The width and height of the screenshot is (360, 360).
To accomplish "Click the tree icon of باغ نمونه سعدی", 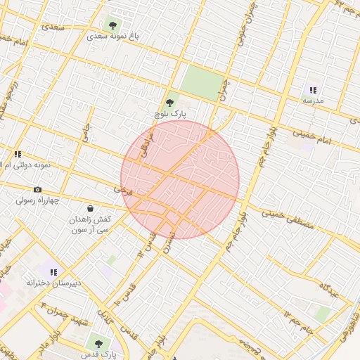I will point(113,25).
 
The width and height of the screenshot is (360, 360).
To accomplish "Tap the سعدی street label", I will point(53,27).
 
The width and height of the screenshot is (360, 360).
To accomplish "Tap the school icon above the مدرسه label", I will point(313,90).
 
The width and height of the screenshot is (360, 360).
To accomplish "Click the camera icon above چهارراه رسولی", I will point(37,190).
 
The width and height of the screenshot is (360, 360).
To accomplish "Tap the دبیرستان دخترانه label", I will point(54,283).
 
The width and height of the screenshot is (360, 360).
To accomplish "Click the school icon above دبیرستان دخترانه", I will point(53,272).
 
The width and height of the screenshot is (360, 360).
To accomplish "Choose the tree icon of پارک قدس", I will point(98,344).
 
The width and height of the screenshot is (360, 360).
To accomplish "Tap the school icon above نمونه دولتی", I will point(18,154).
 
